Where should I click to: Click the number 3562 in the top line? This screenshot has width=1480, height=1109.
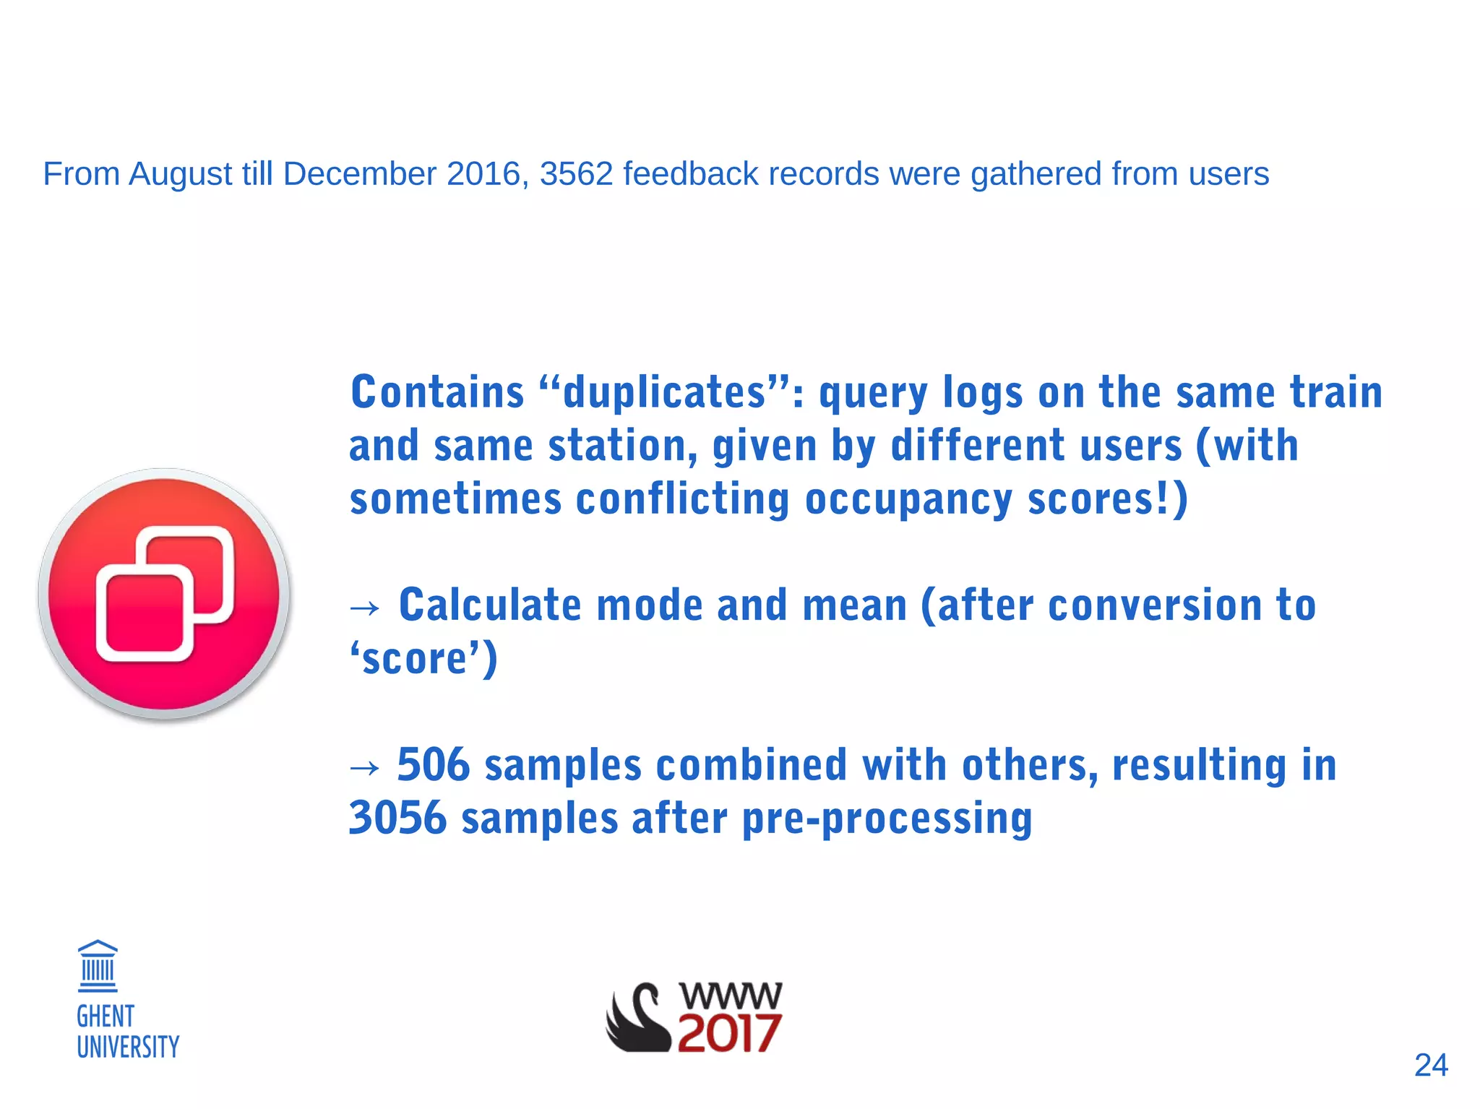click(576, 174)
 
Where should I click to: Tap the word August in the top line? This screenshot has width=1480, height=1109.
click(181, 175)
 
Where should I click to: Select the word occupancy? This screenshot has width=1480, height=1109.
click(908, 500)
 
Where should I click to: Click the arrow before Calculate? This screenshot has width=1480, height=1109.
click(364, 608)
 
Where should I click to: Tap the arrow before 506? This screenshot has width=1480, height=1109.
click(364, 767)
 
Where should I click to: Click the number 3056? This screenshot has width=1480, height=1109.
click(397, 818)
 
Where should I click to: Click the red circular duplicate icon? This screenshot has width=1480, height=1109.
click(165, 594)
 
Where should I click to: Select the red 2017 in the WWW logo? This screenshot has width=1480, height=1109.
click(729, 1033)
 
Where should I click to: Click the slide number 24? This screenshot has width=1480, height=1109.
click(1430, 1065)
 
